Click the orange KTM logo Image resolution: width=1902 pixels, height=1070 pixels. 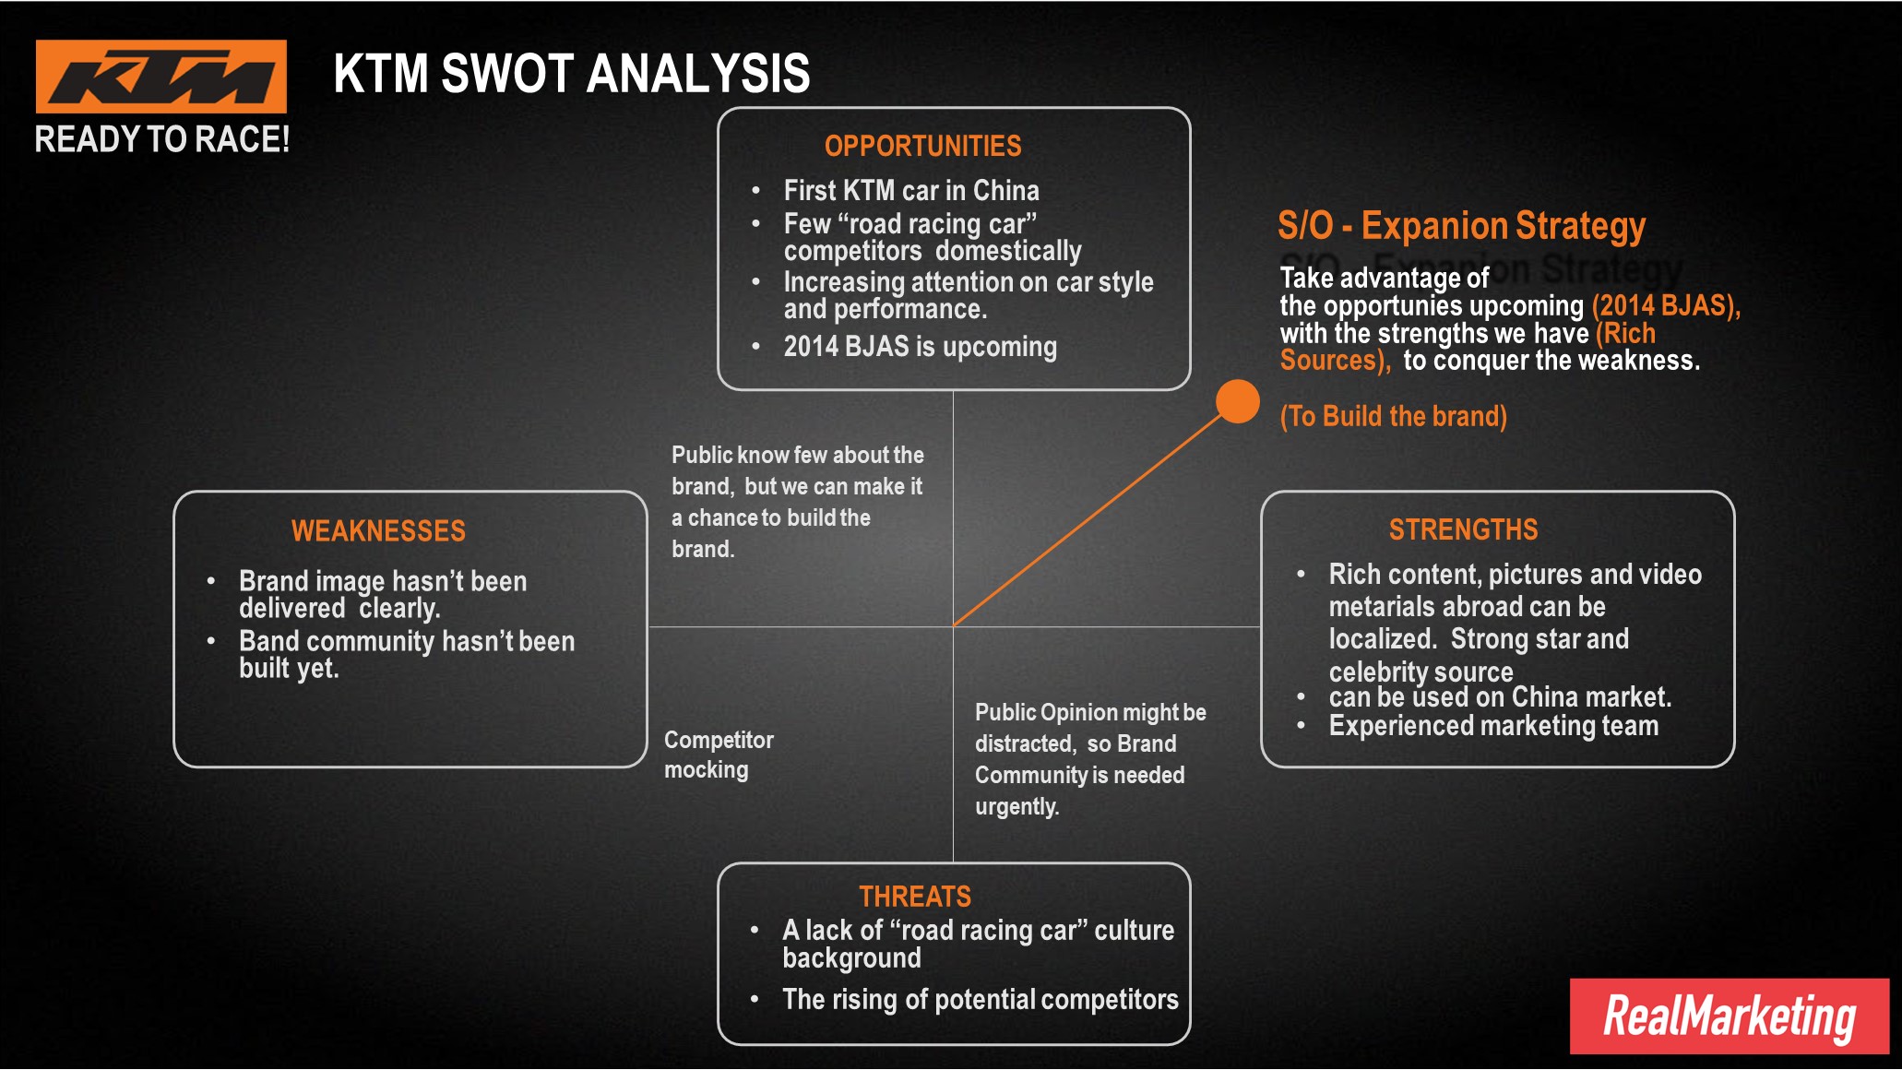pyautogui.click(x=161, y=77)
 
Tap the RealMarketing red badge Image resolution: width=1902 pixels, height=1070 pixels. pyautogui.click(x=1729, y=1016)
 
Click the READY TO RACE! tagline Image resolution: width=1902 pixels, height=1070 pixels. pyautogui.click(x=162, y=139)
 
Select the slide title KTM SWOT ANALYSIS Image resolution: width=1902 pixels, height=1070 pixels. pyautogui.click(x=571, y=74)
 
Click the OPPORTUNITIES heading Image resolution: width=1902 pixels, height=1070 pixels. pyautogui.click(x=922, y=146)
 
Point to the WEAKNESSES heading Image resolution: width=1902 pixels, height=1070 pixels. pyautogui.click(x=378, y=530)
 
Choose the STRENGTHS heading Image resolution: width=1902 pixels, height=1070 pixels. pyautogui.click(x=1463, y=529)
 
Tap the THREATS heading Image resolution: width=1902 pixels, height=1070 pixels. pyautogui.click(x=914, y=896)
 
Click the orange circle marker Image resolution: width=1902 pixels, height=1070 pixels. pyautogui.click(x=1238, y=401)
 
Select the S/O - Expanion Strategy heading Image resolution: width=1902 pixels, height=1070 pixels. pyautogui.click(x=1461, y=225)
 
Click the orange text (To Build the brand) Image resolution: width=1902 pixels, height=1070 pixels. pyautogui.click(x=1393, y=416)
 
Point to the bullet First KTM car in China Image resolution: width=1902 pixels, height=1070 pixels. pyautogui.click(x=911, y=191)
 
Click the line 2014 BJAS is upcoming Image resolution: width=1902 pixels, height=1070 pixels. pyautogui.click(x=920, y=347)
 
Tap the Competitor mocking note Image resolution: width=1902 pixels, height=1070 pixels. pyautogui.click(x=718, y=755)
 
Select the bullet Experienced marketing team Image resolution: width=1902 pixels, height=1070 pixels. pyautogui.click(x=1493, y=726)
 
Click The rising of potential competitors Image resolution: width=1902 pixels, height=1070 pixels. pyautogui.click(x=980, y=999)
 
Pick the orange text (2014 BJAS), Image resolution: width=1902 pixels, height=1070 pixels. pyautogui.click(x=1666, y=305)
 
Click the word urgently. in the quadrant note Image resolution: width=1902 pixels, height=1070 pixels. pyautogui.click(x=1016, y=806)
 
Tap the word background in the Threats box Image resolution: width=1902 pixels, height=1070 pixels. pyautogui.click(x=851, y=958)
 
